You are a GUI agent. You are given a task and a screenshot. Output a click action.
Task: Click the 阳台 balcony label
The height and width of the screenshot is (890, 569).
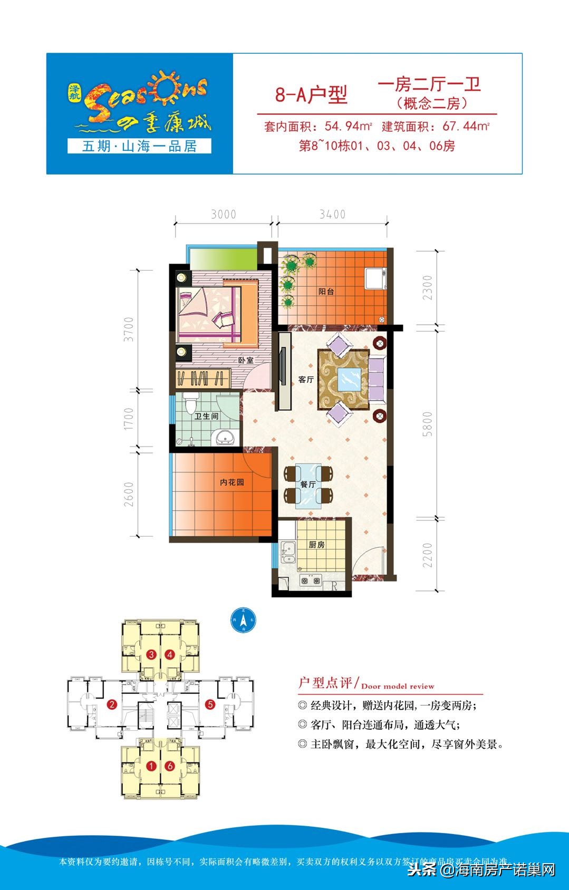[326, 292]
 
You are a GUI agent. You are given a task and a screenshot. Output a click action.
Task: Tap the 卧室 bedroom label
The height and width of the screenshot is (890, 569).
[245, 360]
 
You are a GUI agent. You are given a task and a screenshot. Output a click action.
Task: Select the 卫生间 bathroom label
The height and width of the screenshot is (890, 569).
[206, 416]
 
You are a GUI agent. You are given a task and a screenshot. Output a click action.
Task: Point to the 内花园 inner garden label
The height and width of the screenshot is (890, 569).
[232, 482]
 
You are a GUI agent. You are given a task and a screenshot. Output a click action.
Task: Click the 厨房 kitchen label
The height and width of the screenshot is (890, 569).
[316, 545]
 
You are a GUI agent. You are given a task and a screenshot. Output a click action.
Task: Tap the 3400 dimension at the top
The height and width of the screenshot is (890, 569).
[332, 215]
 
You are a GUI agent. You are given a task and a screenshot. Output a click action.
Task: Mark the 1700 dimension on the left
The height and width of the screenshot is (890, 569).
[129, 419]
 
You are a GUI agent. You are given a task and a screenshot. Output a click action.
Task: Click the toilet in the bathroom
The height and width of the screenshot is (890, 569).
[191, 405]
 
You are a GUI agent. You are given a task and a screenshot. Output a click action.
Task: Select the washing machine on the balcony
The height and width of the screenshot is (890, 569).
[376, 278]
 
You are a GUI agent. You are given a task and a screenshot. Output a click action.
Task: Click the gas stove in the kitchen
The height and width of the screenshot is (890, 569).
[311, 581]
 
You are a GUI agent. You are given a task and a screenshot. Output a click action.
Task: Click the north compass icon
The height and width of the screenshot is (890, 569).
[243, 621]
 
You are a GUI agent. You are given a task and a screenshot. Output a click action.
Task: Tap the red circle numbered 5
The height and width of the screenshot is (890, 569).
[210, 704]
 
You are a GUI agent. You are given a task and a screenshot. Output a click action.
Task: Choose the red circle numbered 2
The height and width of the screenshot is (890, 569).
[112, 704]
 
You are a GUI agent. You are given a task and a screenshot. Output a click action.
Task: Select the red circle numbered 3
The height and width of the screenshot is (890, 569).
[152, 655]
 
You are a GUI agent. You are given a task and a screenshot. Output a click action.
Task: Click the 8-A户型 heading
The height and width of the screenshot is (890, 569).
[311, 95]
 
